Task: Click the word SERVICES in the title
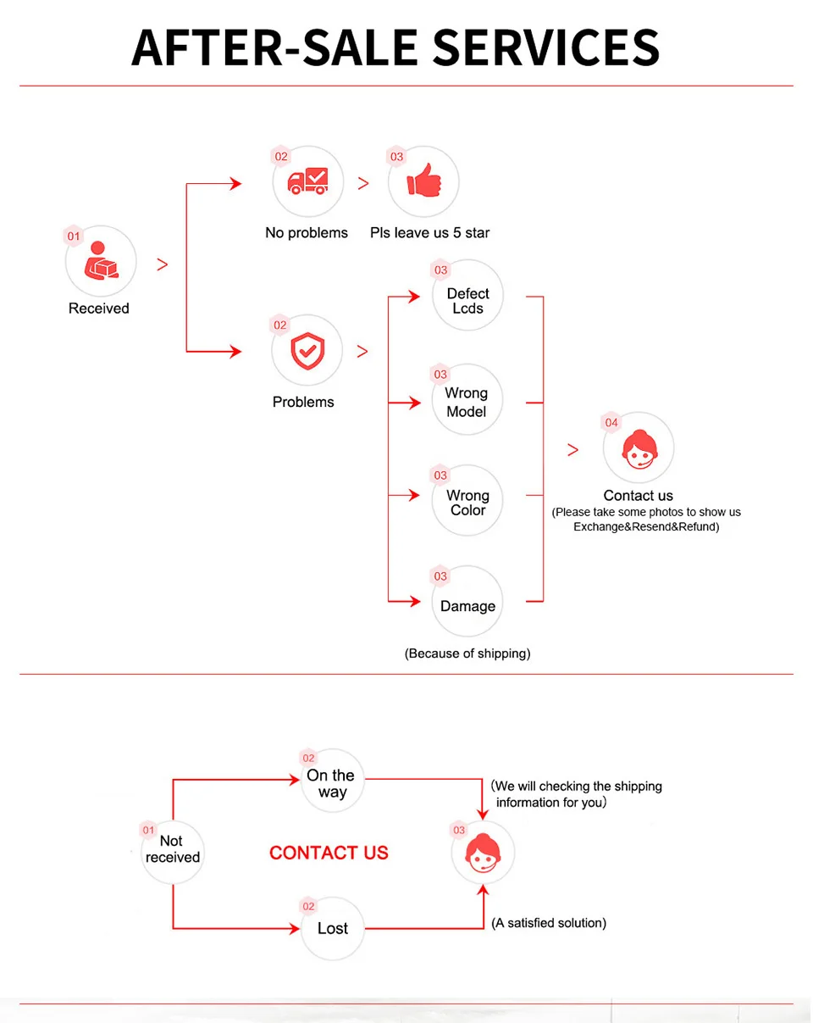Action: point(546,47)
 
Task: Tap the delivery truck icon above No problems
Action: point(307,181)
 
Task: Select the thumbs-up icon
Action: point(423,180)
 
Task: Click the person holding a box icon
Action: point(102,260)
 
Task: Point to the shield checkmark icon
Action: point(307,351)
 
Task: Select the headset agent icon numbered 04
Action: point(639,449)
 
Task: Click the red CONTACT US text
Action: point(329,853)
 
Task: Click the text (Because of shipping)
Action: point(467,653)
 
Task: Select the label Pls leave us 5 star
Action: point(429,233)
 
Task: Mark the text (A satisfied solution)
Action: point(549,923)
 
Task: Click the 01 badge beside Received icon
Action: point(74,236)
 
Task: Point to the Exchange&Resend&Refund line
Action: point(646,526)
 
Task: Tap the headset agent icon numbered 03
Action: point(483,853)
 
